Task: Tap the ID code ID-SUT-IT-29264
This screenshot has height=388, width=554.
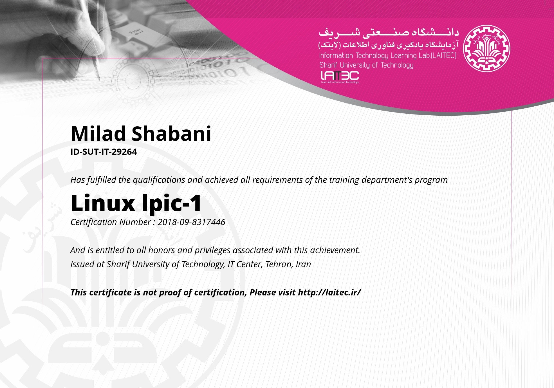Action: [x=104, y=152]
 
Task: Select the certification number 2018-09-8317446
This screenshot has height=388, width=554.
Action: [x=191, y=222]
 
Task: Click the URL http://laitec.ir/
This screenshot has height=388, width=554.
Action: [x=329, y=292]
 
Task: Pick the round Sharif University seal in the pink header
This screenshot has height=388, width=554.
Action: [x=486, y=48]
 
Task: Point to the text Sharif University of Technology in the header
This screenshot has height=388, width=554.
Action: [x=366, y=65]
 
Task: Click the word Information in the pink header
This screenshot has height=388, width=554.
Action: [x=336, y=56]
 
